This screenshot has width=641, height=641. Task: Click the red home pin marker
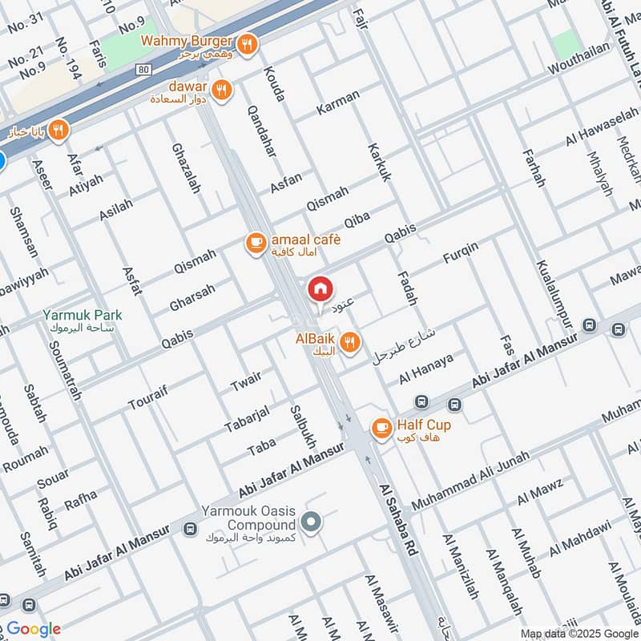[320, 289]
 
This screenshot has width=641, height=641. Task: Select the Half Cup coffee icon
[382, 427]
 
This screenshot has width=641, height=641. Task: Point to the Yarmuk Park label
[83, 316]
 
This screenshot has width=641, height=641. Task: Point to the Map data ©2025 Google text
[579, 633]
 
